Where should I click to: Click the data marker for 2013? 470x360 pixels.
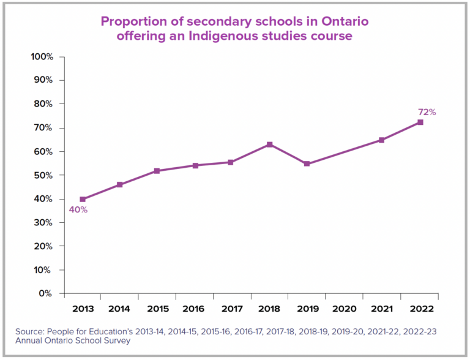click(83, 199)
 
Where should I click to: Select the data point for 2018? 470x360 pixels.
click(269, 144)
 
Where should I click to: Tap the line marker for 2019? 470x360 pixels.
click(307, 163)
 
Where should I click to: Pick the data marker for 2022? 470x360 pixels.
click(420, 122)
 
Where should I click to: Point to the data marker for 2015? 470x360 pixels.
click(157, 171)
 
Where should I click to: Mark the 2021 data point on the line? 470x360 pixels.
click(382, 140)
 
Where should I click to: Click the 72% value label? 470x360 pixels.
click(427, 112)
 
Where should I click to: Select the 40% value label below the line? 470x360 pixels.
click(78, 210)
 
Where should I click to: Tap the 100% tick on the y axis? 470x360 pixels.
click(42, 57)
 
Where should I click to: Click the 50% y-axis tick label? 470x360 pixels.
click(43, 176)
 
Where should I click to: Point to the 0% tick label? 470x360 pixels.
click(46, 294)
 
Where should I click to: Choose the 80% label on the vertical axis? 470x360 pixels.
click(43, 104)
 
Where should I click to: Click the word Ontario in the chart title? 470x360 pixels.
click(343, 21)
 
